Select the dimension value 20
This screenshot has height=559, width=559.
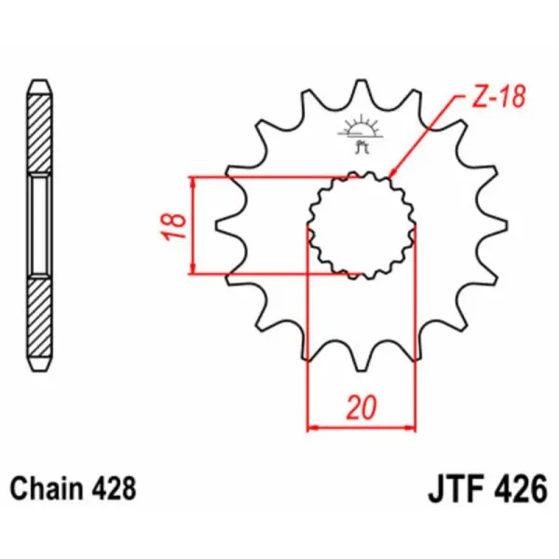[x=361, y=407]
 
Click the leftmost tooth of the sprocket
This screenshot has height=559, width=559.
[x=224, y=224]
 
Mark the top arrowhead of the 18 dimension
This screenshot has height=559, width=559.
[x=193, y=182]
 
